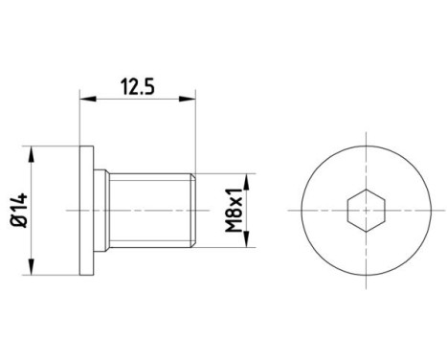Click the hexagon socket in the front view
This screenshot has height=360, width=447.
point(364,209)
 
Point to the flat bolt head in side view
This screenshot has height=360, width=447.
point(87,209)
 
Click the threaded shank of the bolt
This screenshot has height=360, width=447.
point(148,209)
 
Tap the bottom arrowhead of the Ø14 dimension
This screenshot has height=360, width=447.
point(34,267)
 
